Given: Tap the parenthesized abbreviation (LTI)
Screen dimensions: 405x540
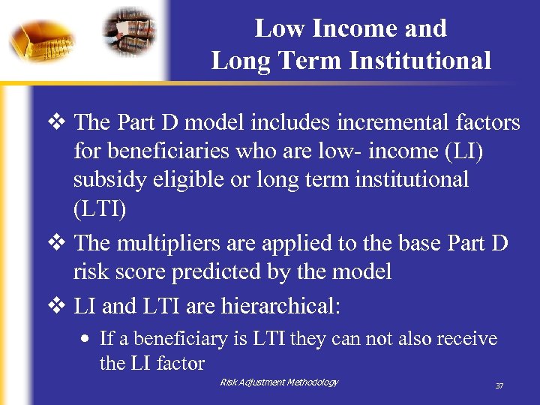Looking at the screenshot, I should [x=100, y=210].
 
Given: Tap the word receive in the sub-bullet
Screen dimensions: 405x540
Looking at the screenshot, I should [x=467, y=339].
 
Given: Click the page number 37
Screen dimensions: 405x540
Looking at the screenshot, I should [x=499, y=386].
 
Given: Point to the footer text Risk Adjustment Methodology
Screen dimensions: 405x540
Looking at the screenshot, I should [x=279, y=382].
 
